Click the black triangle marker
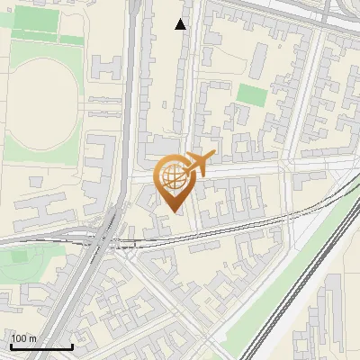point(181,24)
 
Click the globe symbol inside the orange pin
point(172,176)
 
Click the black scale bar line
point(40,346)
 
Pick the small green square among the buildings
point(252,94)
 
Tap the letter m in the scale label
point(33,338)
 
